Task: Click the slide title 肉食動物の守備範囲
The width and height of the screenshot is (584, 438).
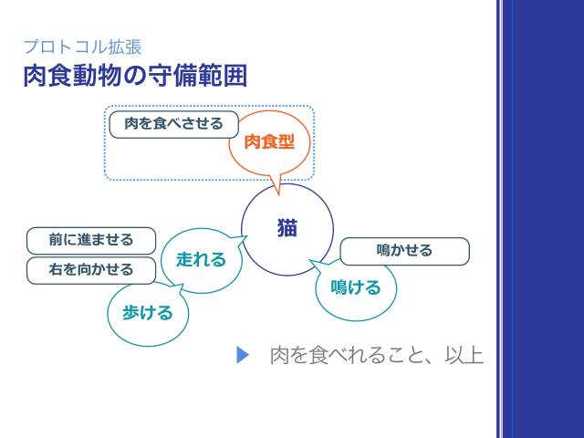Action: pos(134,75)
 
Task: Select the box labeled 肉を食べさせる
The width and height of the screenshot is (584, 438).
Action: pos(173,123)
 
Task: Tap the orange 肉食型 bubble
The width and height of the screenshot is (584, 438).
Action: pos(269,142)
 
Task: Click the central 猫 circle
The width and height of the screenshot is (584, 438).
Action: pos(287,228)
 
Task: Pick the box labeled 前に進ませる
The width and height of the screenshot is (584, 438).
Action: pos(91,240)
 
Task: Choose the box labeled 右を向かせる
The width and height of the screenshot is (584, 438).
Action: pos(91,269)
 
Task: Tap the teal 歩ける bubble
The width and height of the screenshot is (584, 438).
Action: pos(147,313)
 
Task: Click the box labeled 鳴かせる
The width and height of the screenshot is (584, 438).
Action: pos(404,250)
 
